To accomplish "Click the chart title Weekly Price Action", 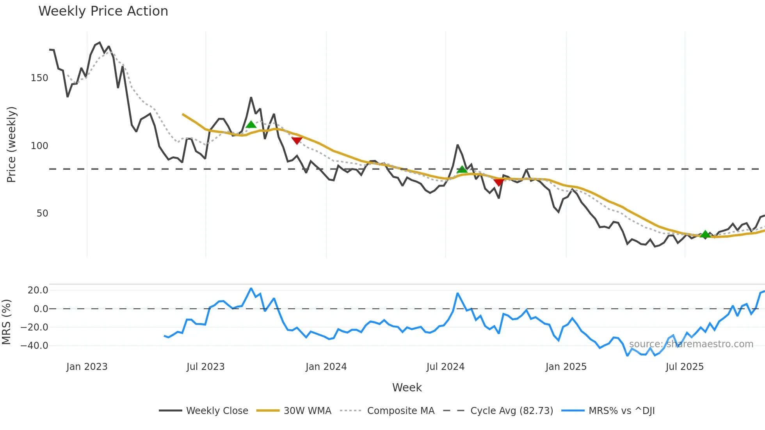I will [103, 11].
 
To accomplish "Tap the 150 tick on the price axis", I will [39, 78].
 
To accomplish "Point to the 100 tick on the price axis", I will [39, 146].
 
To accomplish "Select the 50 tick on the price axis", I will [42, 213].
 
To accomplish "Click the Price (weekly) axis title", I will [11, 144].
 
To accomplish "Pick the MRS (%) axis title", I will [6, 322].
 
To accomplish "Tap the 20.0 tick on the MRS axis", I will [38, 290].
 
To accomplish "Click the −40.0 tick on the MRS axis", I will [34, 346].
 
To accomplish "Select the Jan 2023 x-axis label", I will [87, 367].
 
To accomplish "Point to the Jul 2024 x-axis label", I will [445, 367].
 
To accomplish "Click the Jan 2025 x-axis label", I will [566, 367].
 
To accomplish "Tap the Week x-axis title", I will [407, 387].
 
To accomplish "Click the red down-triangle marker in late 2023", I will [297, 140].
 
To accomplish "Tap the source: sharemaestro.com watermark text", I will [691, 344].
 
